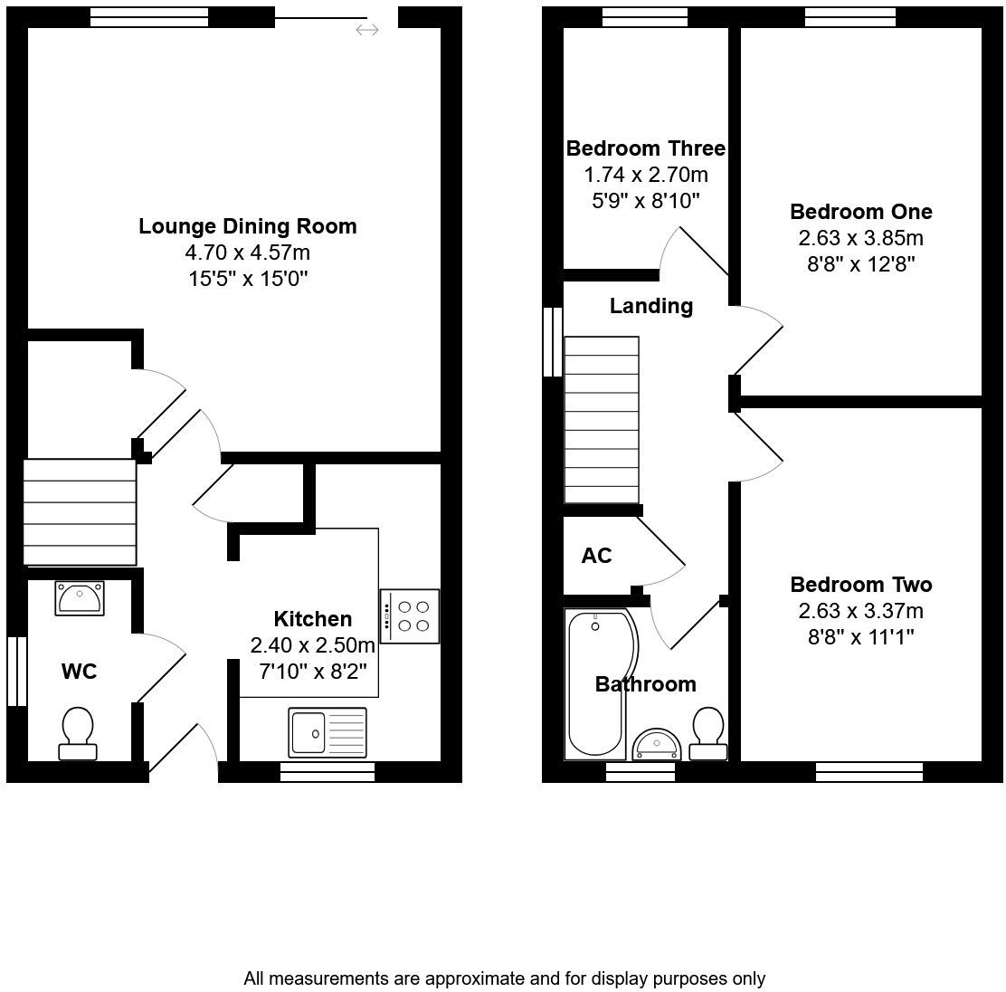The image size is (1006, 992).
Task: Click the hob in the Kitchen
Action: click(409, 615)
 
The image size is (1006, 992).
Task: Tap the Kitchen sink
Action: click(327, 732)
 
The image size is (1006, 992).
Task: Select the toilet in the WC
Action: click(78, 734)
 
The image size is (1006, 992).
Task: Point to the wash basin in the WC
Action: click(80, 598)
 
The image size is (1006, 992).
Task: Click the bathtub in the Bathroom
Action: click(598, 683)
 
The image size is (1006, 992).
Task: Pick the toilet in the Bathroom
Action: click(708, 734)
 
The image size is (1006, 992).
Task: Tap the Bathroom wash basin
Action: click(656, 745)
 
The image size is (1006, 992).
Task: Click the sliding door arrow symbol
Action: click(367, 30)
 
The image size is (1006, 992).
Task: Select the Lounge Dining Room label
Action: click(248, 226)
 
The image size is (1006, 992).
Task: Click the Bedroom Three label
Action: click(645, 148)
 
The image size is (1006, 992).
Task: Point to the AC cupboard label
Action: click(597, 556)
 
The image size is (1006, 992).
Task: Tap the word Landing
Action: click(651, 306)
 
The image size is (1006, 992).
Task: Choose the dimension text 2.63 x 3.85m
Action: click(861, 238)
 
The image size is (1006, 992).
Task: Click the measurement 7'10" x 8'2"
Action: click(313, 672)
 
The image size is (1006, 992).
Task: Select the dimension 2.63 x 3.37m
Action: click(861, 611)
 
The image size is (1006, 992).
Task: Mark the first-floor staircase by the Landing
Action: click(602, 420)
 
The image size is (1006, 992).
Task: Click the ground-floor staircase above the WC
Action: click(80, 512)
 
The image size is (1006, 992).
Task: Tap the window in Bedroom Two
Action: click(869, 772)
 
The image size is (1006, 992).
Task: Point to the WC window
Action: click(17, 671)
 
